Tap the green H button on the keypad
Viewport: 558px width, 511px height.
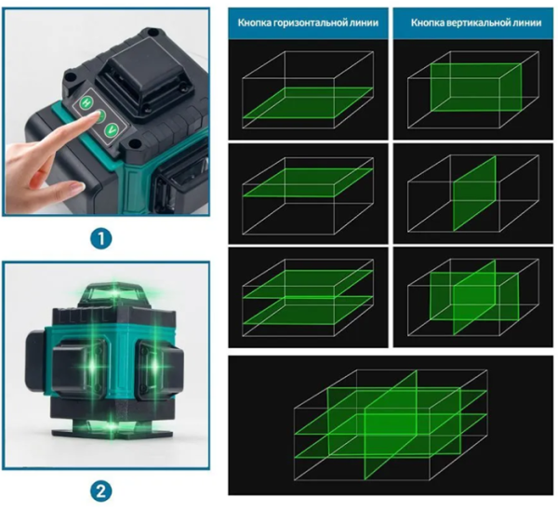[x=86, y=103]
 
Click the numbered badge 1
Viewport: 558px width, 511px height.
[x=101, y=238]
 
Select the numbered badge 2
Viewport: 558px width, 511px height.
[x=101, y=491]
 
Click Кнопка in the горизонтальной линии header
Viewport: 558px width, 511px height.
[x=254, y=22]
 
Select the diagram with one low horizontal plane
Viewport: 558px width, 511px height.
[x=308, y=89]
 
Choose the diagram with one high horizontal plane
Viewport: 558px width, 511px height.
[x=308, y=194]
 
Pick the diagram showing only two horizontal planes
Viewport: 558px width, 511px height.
[x=308, y=298]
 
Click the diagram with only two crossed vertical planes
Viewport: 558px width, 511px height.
[x=473, y=298]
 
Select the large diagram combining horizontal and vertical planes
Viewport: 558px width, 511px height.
[x=391, y=424]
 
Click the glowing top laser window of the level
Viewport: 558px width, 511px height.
[x=113, y=293]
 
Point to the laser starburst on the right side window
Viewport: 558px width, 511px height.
[x=155, y=365]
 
